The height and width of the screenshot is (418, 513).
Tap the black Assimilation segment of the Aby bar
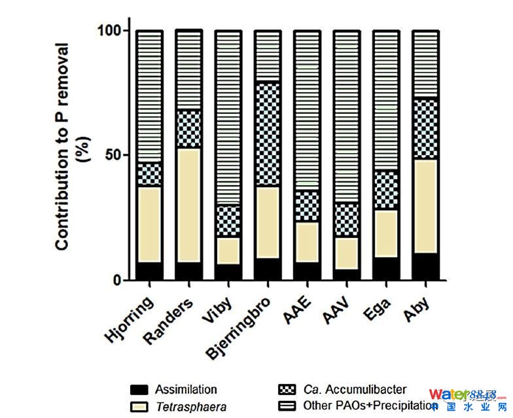click(x=425, y=266)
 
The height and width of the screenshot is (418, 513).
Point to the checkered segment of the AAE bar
click(x=307, y=206)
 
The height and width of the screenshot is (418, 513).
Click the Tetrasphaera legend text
click(x=191, y=407)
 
